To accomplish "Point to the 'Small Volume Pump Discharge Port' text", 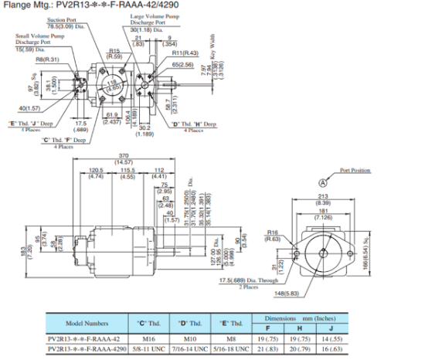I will tap(36, 39).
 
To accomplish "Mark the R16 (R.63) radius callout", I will tap(271, 234).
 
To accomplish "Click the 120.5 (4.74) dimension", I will tap(96, 172).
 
